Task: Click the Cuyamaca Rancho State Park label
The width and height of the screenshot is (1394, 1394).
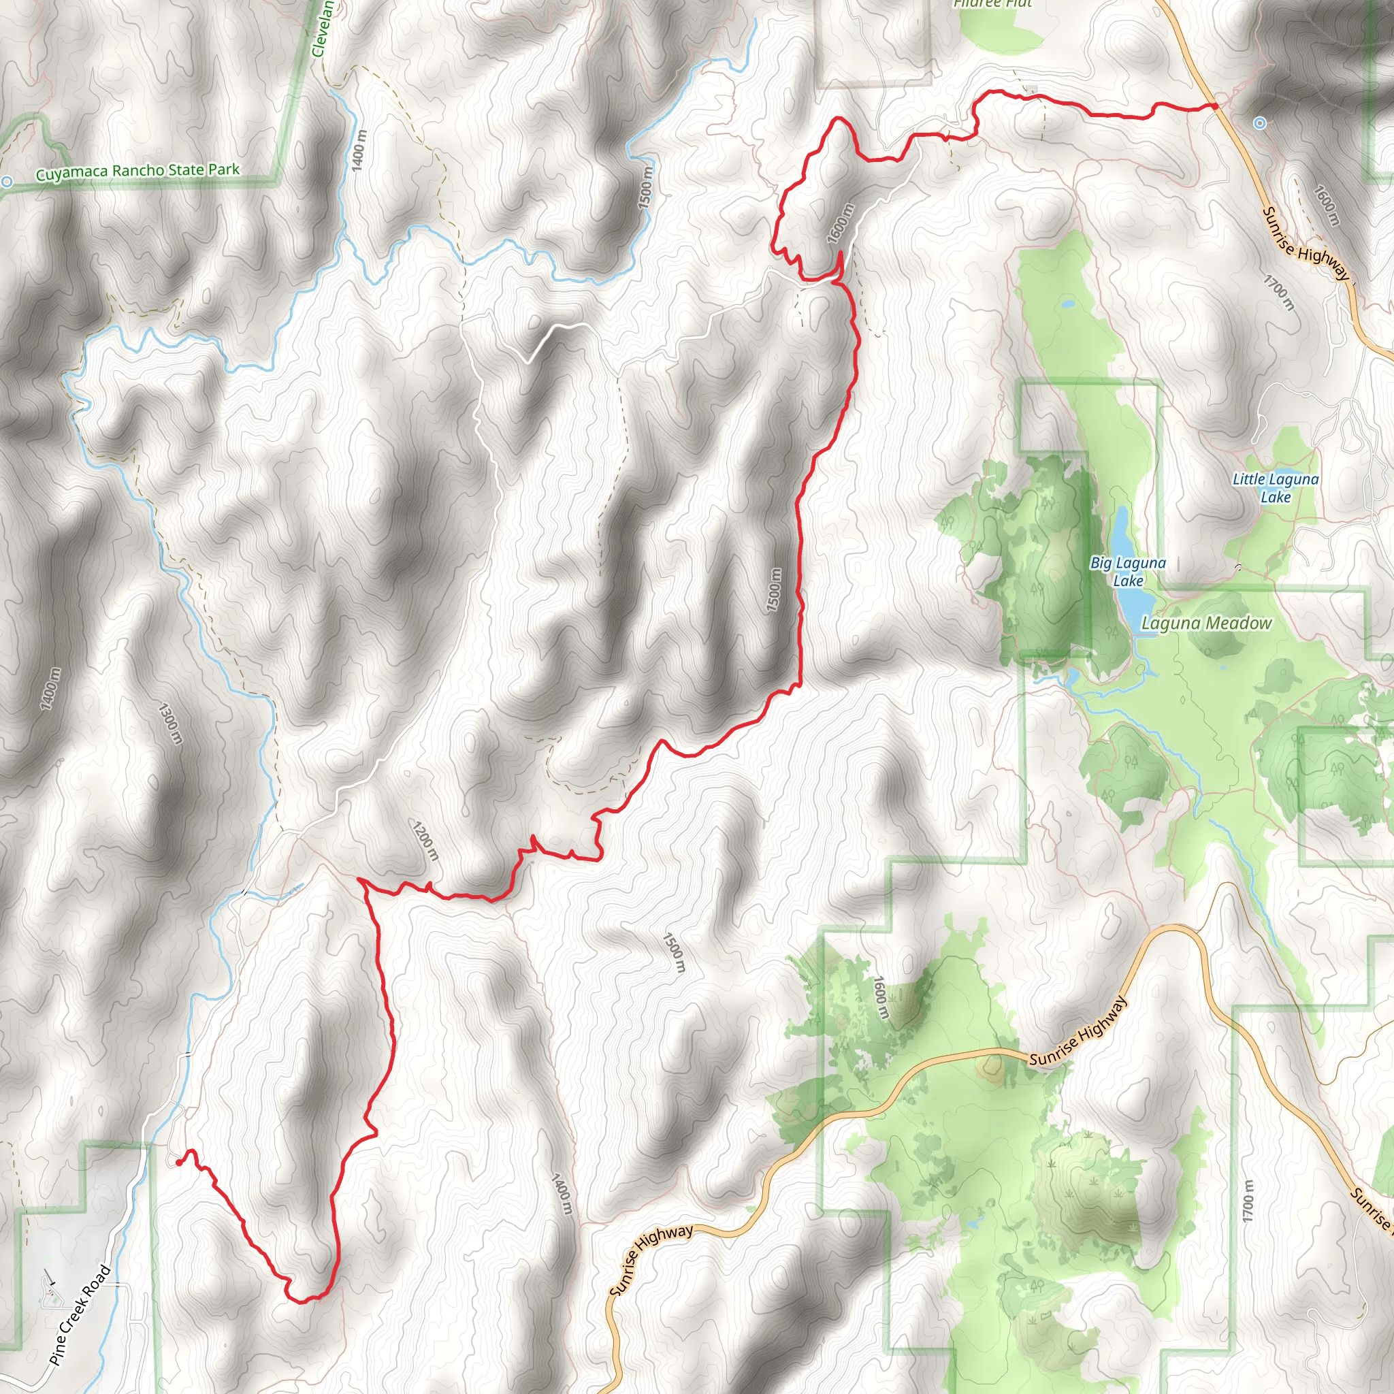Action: (x=137, y=172)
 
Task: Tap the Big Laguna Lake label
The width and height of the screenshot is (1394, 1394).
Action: (x=1128, y=572)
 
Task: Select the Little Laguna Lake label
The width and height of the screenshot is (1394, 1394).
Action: (x=1275, y=488)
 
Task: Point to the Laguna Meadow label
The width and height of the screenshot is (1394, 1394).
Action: (x=1205, y=623)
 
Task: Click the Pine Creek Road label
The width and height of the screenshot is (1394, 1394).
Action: (x=80, y=1314)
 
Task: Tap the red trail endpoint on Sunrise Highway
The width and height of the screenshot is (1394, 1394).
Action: (x=1215, y=106)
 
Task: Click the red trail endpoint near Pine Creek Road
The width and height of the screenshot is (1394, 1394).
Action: (x=179, y=1163)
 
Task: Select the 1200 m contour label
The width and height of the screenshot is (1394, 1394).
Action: (x=425, y=841)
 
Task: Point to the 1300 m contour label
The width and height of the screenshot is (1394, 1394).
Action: (x=170, y=724)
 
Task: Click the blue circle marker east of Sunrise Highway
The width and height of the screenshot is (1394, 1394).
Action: (x=1260, y=123)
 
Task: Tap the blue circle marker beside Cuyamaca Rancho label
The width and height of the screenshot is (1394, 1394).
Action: (x=7, y=182)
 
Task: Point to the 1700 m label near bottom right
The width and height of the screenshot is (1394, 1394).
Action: (x=1248, y=1201)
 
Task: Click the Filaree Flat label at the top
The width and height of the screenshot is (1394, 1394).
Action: (x=992, y=3)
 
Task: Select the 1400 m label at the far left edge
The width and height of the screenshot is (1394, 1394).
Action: (x=50, y=688)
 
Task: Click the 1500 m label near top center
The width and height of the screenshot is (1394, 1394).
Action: (x=645, y=189)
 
